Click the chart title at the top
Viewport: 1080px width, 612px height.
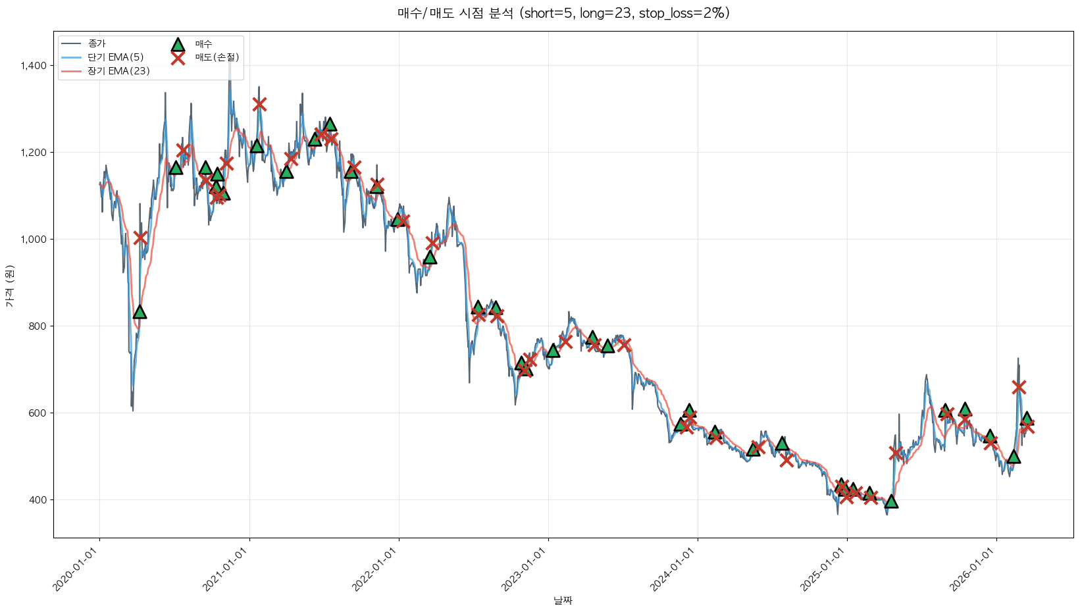pyautogui.click(x=563, y=13)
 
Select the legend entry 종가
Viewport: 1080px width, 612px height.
pyautogui.click(x=97, y=43)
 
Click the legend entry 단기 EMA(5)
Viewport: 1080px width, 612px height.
pyautogui.click(x=115, y=57)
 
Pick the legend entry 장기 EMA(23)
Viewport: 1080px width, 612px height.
pyautogui.click(x=118, y=71)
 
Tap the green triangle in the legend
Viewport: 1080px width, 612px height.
pyautogui.click(x=178, y=45)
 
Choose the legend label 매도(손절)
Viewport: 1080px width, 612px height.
pyautogui.click(x=217, y=57)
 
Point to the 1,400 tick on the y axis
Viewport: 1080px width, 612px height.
pyautogui.click(x=33, y=65)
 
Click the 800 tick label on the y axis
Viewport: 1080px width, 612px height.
pyautogui.click(x=38, y=326)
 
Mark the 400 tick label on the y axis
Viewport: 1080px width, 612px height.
pyautogui.click(x=38, y=499)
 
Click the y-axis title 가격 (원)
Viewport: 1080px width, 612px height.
pyautogui.click(x=9, y=286)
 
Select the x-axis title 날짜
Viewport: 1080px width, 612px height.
pyautogui.click(x=563, y=600)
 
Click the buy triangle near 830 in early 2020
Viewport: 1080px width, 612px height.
pyautogui.click(x=140, y=312)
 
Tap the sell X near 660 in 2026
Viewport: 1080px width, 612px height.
pyautogui.click(x=1019, y=387)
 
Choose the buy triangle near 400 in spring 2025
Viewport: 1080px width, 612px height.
pyautogui.click(x=891, y=501)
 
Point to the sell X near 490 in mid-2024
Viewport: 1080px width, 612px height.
pyautogui.click(x=786, y=460)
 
